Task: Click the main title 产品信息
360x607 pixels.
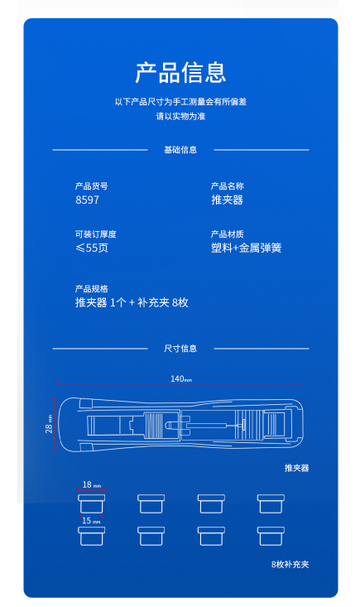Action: point(180,72)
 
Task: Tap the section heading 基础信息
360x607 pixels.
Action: point(180,150)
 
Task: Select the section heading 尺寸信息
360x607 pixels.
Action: point(180,349)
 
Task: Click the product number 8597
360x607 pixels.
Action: point(88,200)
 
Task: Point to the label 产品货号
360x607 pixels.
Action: point(92,186)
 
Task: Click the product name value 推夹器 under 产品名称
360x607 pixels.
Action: point(227,200)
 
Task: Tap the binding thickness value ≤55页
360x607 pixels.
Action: point(92,248)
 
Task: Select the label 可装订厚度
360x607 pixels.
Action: point(95,234)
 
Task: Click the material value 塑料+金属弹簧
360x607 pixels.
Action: point(247,248)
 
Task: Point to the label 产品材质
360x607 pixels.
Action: point(228,234)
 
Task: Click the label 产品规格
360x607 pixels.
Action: point(92,289)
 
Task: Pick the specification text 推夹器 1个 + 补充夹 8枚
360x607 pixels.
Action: point(132,302)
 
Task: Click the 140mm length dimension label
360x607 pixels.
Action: point(181,378)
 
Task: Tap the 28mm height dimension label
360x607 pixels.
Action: point(49,424)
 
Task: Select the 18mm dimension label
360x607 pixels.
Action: point(92,484)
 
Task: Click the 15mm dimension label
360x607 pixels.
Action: point(91,520)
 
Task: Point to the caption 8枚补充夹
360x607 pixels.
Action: point(290,565)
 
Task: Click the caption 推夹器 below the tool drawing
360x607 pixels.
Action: point(296,468)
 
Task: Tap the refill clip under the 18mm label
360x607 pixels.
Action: point(92,503)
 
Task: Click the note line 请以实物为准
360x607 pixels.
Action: point(180,116)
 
